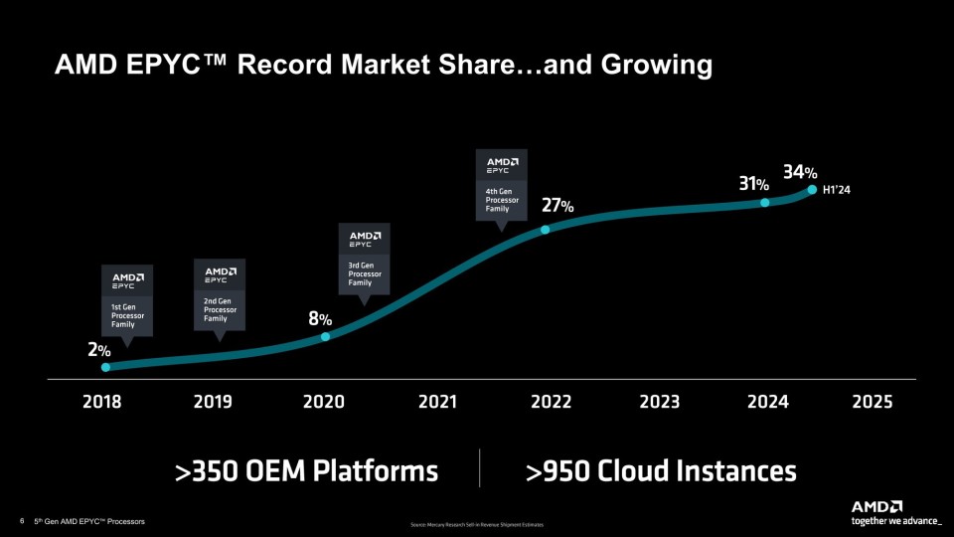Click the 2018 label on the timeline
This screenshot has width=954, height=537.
click(x=102, y=402)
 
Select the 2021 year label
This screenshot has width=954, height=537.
click(x=437, y=402)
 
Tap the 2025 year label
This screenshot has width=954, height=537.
click(x=872, y=402)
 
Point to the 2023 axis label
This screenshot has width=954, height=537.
click(x=659, y=402)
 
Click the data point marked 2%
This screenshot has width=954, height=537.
click(x=106, y=367)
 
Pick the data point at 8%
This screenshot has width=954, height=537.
click(x=325, y=336)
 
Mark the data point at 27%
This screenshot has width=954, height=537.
click(x=545, y=230)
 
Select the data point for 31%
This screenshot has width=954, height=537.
click(x=765, y=202)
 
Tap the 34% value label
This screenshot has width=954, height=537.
click(x=800, y=172)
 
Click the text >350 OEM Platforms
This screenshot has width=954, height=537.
click(x=306, y=469)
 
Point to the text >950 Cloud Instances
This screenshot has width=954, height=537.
click(x=661, y=469)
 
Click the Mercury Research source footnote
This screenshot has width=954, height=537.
click(x=476, y=525)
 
